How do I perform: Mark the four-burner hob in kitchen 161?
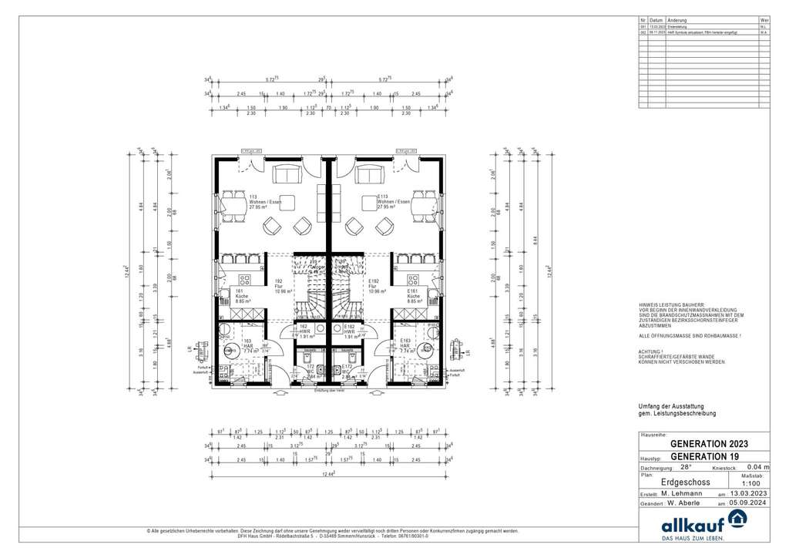click(x=247, y=280)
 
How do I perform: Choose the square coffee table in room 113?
click(x=288, y=197)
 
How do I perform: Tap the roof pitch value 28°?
click(x=685, y=466)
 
